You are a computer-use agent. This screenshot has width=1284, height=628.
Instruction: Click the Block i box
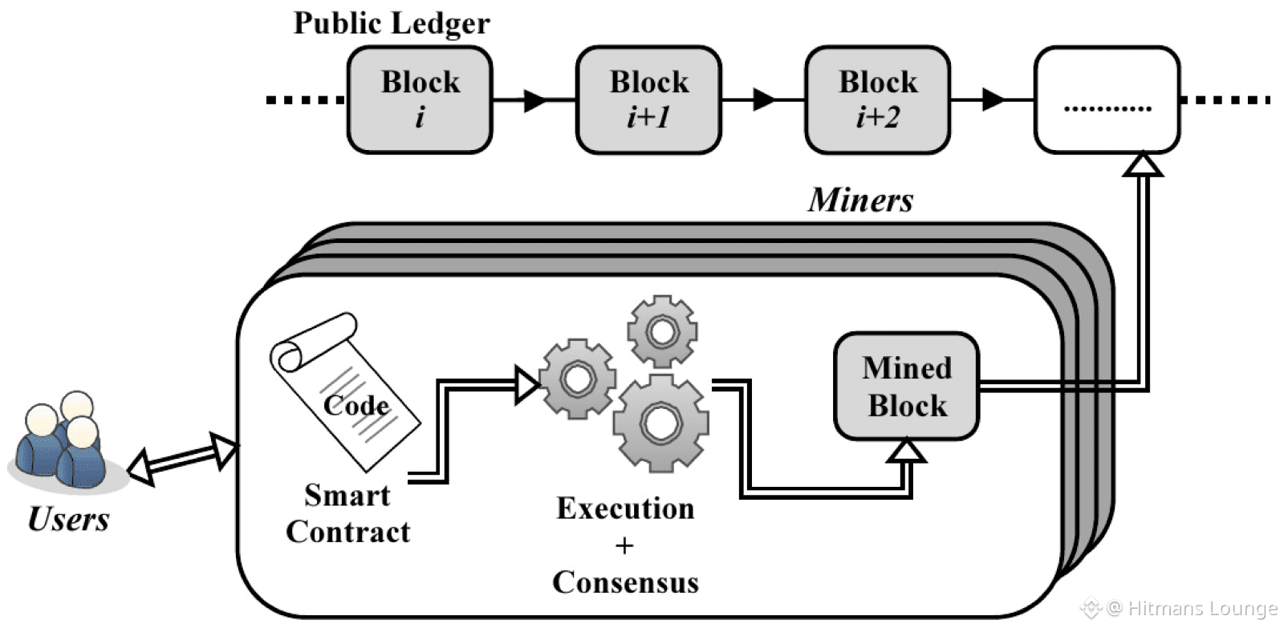pyautogui.click(x=419, y=99)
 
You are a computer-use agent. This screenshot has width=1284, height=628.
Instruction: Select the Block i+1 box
pyautogui.click(x=648, y=99)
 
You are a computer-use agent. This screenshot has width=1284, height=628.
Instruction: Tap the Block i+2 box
pyautogui.click(x=877, y=99)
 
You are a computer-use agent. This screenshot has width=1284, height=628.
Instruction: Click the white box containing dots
pyautogui.click(x=1107, y=99)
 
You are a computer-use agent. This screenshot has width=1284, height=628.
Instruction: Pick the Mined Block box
pyautogui.click(x=907, y=387)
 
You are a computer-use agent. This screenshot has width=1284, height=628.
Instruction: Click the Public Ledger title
pyautogui.click(x=392, y=22)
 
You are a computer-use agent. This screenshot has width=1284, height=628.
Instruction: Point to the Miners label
pyautogui.click(x=860, y=200)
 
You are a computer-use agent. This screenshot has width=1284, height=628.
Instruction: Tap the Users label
pyautogui.click(x=68, y=519)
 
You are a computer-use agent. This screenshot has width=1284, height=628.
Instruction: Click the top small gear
pyautogui.click(x=662, y=331)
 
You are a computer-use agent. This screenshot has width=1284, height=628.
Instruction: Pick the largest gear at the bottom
pyautogui.click(x=661, y=422)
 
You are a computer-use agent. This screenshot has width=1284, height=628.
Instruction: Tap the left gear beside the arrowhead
pyautogui.click(x=577, y=379)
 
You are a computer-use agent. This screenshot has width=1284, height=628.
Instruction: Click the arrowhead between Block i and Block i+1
pyautogui.click(x=535, y=100)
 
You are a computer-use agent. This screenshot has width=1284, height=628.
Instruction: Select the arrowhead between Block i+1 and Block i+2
pyautogui.click(x=764, y=100)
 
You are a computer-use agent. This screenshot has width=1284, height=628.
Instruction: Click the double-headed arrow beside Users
pyautogui.click(x=183, y=459)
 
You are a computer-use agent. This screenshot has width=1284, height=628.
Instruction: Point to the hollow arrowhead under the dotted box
pyautogui.click(x=1143, y=164)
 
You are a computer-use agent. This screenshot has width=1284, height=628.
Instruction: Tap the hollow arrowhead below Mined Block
pyautogui.click(x=907, y=451)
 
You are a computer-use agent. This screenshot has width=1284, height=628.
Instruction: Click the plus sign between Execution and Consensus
pyautogui.click(x=624, y=546)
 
